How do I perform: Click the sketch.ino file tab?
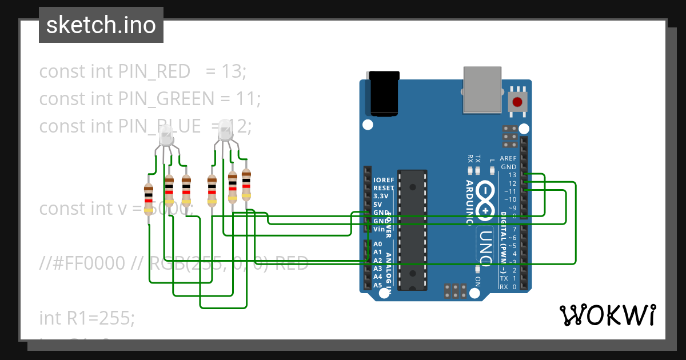[101, 25]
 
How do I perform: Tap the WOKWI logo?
[607, 315]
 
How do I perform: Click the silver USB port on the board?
[482, 89]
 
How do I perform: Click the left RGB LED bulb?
[166, 137]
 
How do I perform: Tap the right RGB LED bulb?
[225, 131]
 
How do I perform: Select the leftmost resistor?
[149, 198]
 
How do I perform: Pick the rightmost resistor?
[246, 185]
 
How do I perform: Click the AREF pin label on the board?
[508, 158]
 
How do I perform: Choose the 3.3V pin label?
[381, 195]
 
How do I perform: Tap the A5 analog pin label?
[378, 285]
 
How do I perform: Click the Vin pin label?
[379, 229]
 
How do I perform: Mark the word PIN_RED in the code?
[154, 71]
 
